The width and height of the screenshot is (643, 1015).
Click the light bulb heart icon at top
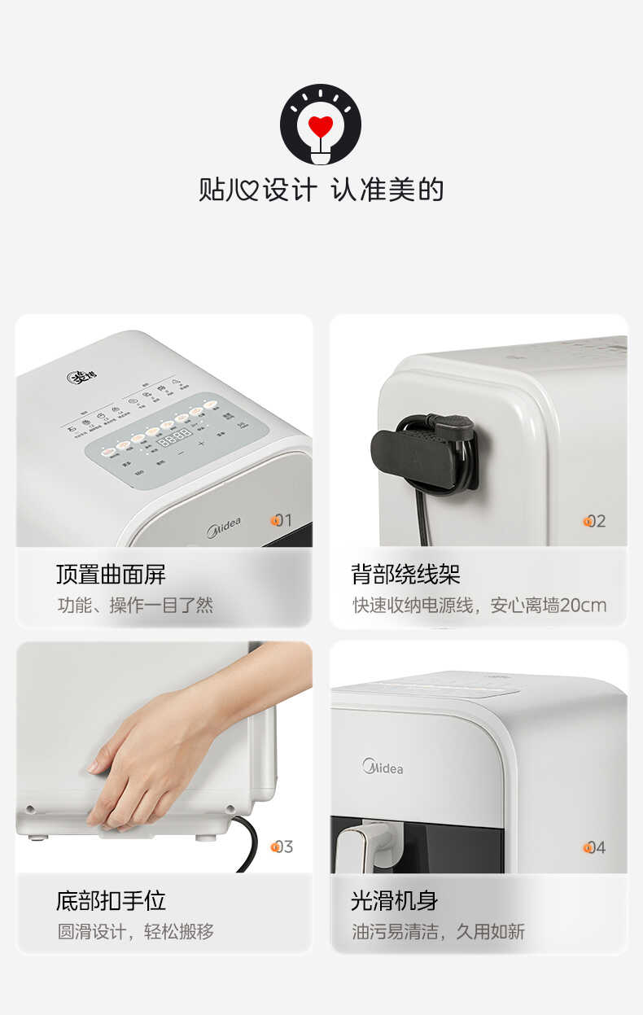321,125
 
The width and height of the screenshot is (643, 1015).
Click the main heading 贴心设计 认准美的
321,190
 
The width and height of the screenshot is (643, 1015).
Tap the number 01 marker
281,520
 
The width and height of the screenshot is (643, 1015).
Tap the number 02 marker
595,521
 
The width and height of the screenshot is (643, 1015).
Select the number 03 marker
282,847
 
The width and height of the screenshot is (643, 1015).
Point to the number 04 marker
595,847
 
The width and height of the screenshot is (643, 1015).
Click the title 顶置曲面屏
111,575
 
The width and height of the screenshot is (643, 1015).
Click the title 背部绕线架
405,575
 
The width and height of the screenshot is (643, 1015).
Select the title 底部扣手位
111,900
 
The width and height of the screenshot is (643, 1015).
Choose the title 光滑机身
394,900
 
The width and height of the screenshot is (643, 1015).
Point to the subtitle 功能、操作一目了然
135,606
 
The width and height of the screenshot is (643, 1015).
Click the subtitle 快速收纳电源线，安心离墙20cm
479,606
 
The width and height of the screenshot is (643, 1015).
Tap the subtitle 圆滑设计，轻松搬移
135,932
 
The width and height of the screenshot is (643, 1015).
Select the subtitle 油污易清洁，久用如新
438,932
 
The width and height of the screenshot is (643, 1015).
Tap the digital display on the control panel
174,436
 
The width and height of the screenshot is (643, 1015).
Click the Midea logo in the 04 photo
383,767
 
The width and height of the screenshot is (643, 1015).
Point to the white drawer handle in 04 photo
363,847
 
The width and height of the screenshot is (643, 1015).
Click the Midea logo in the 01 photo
223,527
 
